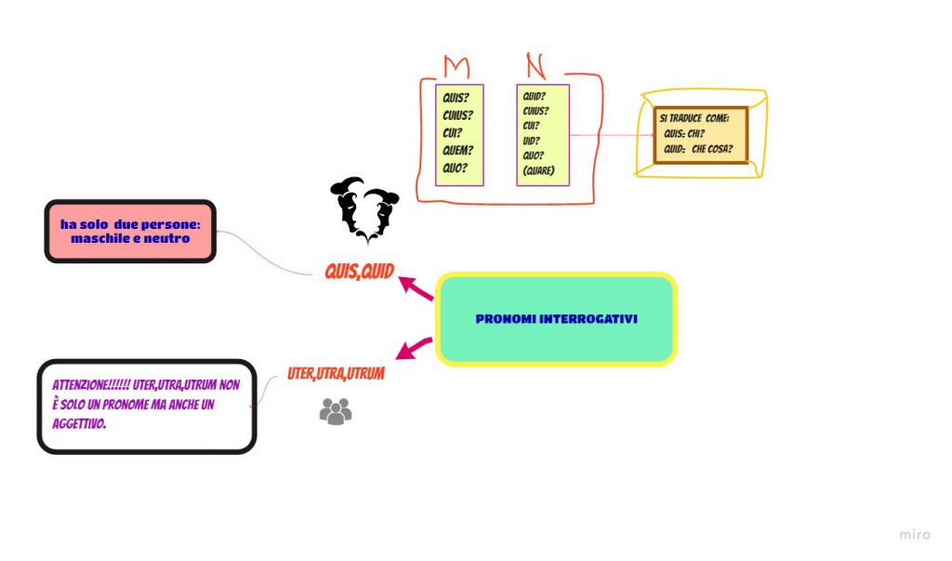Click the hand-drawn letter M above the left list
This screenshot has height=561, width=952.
tap(456, 67)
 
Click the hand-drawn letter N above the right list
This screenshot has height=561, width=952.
tap(535, 65)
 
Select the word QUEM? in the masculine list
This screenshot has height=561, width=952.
tap(458, 151)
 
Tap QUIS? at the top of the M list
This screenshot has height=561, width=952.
tap(456, 98)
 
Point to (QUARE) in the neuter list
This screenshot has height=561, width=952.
tap(539, 171)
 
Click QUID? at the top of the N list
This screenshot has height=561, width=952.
tap(535, 96)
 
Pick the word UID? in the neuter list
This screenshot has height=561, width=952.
tap(532, 140)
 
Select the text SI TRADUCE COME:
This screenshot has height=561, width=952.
tap(694, 118)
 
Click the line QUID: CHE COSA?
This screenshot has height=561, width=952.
tap(699, 149)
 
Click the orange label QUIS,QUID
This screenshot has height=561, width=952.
tap(359, 272)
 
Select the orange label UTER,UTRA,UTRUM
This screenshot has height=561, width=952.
tap(336, 373)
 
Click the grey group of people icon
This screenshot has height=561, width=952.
tap(336, 411)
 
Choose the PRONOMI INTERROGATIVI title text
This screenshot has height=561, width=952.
tap(556, 319)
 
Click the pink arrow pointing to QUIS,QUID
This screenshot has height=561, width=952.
tap(416, 288)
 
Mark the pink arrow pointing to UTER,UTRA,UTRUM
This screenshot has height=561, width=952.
tap(414, 349)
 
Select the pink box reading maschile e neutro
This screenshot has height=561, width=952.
tap(130, 231)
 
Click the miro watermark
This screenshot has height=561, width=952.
tap(914, 534)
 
